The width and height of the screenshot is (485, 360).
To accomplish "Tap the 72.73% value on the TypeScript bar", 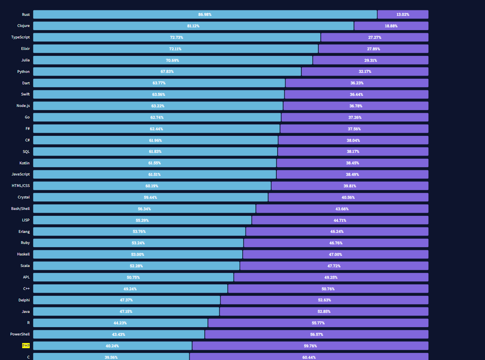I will [x=177, y=37].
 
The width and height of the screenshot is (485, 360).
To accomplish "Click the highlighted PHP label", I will [x=26, y=346].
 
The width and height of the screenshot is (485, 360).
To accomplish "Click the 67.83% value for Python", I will [x=167, y=72].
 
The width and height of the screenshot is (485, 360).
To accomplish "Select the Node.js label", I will [x=23, y=106].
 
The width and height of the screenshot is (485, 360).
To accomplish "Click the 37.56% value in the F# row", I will [x=354, y=129].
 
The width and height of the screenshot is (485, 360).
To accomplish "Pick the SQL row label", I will [x=26, y=152].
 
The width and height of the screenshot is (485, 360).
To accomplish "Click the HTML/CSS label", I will [x=21, y=186].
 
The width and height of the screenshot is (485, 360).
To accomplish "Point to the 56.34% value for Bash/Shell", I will [x=144, y=209].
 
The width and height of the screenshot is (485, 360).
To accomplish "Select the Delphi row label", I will [x=24, y=300].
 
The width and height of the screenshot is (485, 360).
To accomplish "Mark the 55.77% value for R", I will [x=318, y=323].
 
